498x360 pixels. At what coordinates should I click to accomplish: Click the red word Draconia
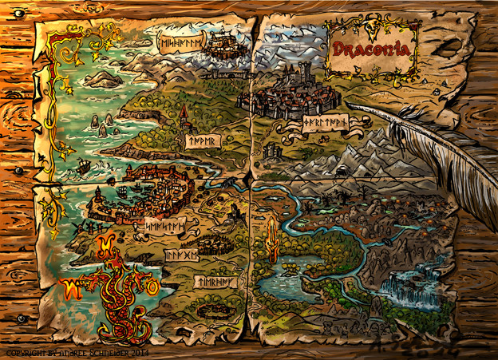point(372,49)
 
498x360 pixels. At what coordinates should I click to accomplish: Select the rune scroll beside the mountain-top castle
point(180,43)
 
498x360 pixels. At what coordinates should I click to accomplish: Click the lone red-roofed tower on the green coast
point(183,120)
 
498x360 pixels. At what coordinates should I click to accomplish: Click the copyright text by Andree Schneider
point(76,351)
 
